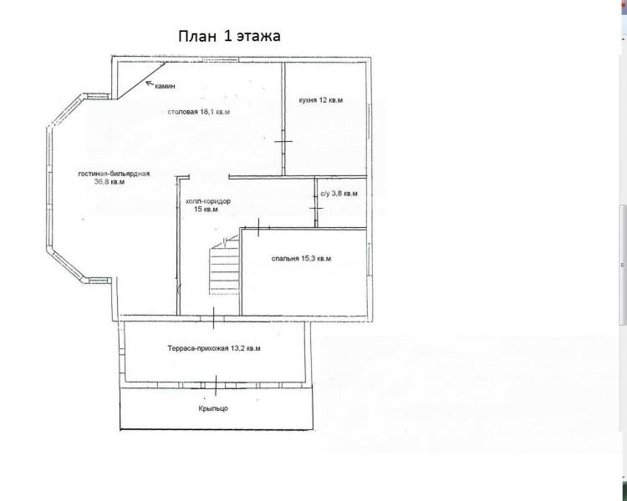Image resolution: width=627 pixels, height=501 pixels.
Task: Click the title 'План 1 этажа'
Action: point(229,36)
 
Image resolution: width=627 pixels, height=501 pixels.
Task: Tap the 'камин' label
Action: point(166,86)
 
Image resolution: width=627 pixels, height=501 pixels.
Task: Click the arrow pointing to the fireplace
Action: point(150,83)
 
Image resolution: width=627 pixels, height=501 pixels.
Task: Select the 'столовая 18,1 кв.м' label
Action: point(199,112)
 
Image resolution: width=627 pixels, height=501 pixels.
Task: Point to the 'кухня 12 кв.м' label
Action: point(321,100)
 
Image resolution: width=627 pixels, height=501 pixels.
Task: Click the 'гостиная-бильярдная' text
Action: point(114,174)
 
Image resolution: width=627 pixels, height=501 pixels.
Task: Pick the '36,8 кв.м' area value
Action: point(110,182)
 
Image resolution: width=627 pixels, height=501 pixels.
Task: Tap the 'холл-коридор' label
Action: point(208,201)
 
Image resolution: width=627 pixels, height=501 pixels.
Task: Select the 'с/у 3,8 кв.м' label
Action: point(339,194)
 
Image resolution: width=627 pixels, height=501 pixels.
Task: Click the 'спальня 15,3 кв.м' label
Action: point(301,259)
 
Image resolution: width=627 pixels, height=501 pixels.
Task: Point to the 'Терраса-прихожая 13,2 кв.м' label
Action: point(214,348)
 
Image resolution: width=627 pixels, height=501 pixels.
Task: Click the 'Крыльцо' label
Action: point(213,408)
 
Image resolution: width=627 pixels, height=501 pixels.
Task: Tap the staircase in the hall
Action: point(224,265)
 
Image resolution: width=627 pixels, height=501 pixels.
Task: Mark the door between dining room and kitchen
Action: point(283,141)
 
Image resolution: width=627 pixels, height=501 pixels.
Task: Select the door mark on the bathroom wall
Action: point(316,209)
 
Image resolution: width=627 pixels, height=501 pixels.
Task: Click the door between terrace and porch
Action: point(217,385)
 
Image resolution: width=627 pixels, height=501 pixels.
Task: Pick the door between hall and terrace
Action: point(213,318)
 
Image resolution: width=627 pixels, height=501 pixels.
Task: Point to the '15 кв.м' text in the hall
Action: point(206,210)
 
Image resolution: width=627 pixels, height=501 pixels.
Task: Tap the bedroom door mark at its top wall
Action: point(258,227)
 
